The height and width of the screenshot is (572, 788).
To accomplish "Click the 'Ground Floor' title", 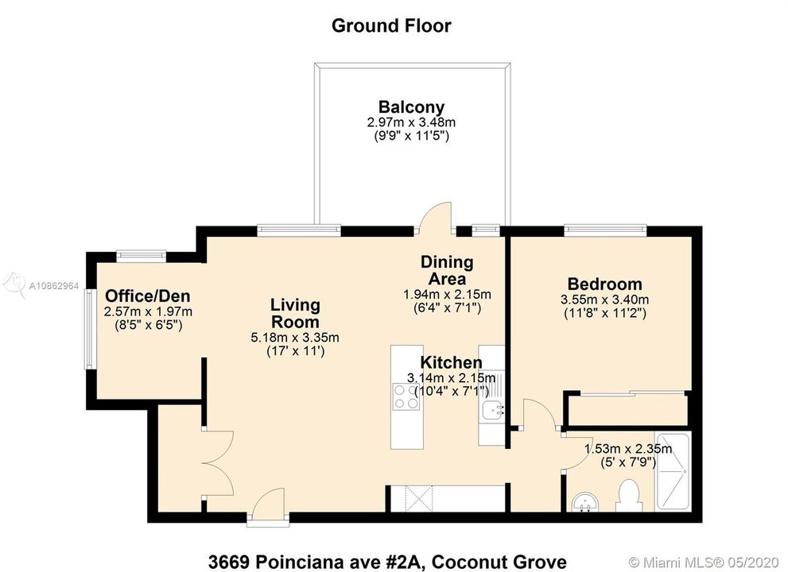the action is [x=391, y=25].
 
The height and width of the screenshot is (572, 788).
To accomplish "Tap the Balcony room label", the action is [x=412, y=107].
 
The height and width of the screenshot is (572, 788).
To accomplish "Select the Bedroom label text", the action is [x=604, y=284].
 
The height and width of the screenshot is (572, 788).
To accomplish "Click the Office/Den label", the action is [x=148, y=296].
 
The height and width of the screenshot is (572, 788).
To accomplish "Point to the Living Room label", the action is [x=295, y=313].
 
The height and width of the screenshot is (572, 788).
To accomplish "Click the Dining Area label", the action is [x=447, y=270].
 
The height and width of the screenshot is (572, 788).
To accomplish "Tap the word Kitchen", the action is [x=451, y=362].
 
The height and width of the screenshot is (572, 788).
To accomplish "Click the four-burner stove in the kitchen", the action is [x=406, y=396].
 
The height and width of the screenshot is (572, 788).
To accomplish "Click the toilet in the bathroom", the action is [x=629, y=496].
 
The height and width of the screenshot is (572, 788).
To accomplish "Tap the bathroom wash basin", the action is [x=584, y=502].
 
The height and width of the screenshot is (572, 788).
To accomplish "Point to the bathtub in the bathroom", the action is [x=673, y=472].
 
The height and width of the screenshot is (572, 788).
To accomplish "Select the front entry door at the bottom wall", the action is [x=268, y=507].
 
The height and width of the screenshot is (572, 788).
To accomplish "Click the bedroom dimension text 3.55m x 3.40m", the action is [x=604, y=300].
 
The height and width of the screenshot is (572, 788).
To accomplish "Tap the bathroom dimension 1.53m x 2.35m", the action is [x=628, y=448].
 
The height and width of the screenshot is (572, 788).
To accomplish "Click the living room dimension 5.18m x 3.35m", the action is [x=295, y=338].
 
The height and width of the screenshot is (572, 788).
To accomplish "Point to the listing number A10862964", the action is [x=54, y=286].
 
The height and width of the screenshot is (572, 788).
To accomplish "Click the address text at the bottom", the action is [x=387, y=562].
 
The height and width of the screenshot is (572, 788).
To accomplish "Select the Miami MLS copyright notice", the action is [x=705, y=562].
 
